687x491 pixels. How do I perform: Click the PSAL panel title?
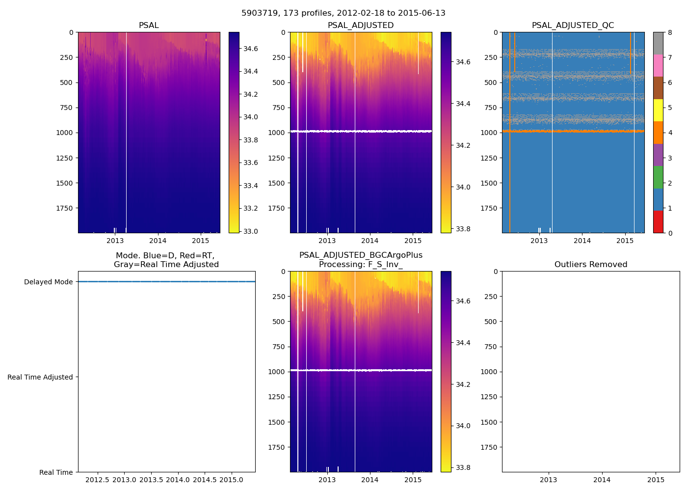[149, 26]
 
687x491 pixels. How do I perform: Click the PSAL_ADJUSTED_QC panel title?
[573, 26]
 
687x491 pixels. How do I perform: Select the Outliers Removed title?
[590, 265]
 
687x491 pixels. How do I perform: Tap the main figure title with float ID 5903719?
[343, 13]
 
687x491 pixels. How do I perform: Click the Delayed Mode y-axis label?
[48, 282]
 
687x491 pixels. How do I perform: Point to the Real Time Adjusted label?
[40, 377]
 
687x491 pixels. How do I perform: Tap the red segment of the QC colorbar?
[658, 222]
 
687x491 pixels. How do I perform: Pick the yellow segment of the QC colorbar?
[658, 110]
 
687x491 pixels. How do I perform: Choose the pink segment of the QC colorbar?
[658, 65]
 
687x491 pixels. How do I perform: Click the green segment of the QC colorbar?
[658, 177]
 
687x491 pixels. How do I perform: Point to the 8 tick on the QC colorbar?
[669, 32]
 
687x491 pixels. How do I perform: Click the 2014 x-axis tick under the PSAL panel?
[158, 241]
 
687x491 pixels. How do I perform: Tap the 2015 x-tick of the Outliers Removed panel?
[656, 480]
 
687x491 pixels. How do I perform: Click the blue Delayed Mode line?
[166, 282]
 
